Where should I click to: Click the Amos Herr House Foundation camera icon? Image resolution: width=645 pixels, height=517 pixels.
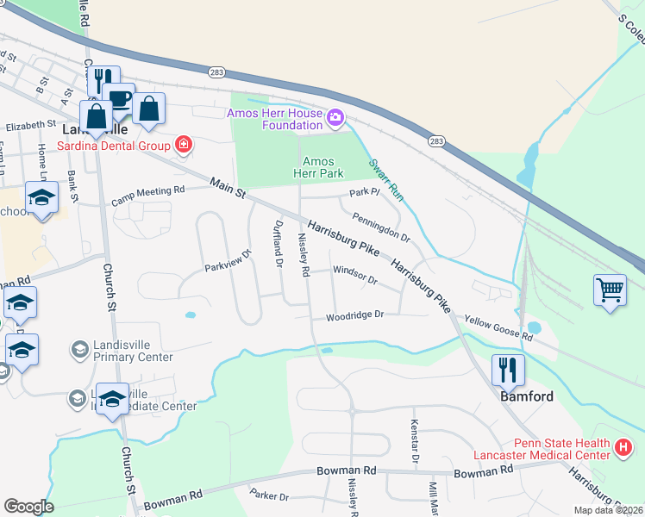coord(335,116)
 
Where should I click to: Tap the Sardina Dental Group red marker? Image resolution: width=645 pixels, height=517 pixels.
coord(183,144)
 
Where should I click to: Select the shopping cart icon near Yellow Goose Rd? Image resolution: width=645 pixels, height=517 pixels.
coord(610,290)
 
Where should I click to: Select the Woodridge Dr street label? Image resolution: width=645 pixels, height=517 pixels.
coord(354,316)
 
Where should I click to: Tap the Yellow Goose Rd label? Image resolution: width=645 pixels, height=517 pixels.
coord(498,327)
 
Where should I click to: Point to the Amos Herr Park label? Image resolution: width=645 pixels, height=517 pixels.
coord(318,168)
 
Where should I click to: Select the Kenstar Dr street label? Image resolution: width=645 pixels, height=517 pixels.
coord(414,443)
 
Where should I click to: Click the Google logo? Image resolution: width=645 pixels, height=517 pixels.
coord(29,507)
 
